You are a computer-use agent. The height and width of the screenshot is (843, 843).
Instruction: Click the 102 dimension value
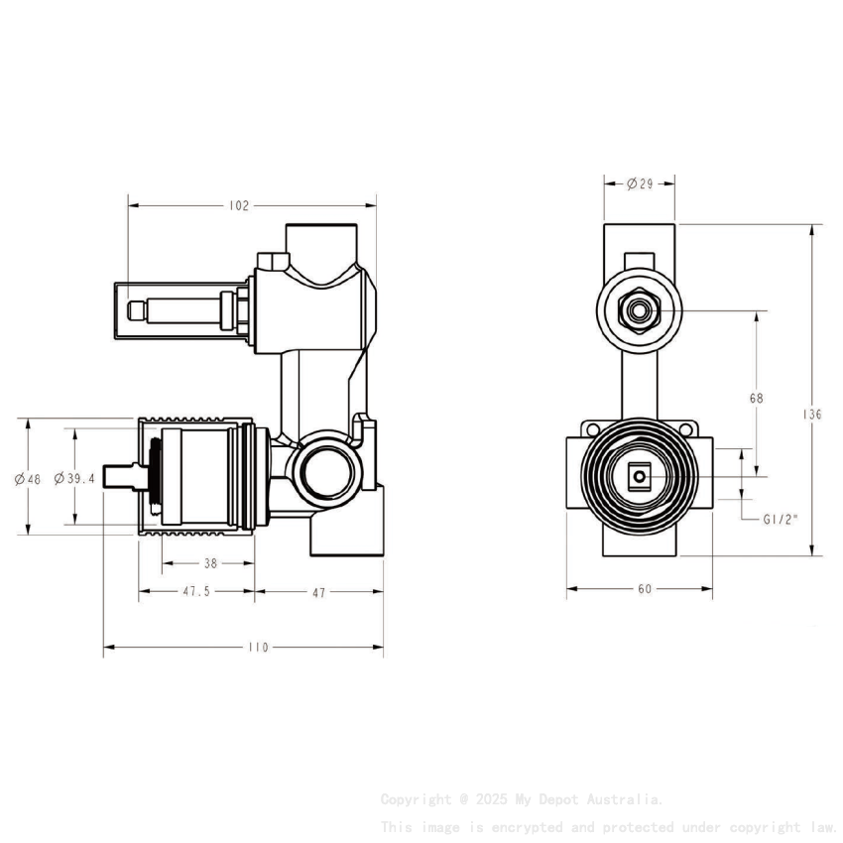[x=239, y=206]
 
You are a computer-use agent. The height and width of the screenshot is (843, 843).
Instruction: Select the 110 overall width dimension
[x=258, y=648]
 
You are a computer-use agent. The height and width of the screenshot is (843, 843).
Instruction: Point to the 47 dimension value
[x=318, y=592]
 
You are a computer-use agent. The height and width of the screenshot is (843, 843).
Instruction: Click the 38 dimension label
[x=210, y=563]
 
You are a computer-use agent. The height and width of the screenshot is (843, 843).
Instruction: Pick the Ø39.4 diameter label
[x=74, y=478]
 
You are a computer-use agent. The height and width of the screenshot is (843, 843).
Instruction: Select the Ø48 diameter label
[x=28, y=479]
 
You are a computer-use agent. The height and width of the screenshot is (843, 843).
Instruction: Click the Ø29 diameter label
[x=639, y=184]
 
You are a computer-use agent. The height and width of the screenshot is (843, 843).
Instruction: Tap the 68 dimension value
[x=756, y=398]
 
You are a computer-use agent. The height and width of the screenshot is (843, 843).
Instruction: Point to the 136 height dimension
[x=813, y=415]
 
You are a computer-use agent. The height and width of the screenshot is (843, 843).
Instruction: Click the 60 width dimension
[x=645, y=589]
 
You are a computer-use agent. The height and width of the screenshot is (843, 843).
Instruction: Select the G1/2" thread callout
[x=781, y=518]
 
